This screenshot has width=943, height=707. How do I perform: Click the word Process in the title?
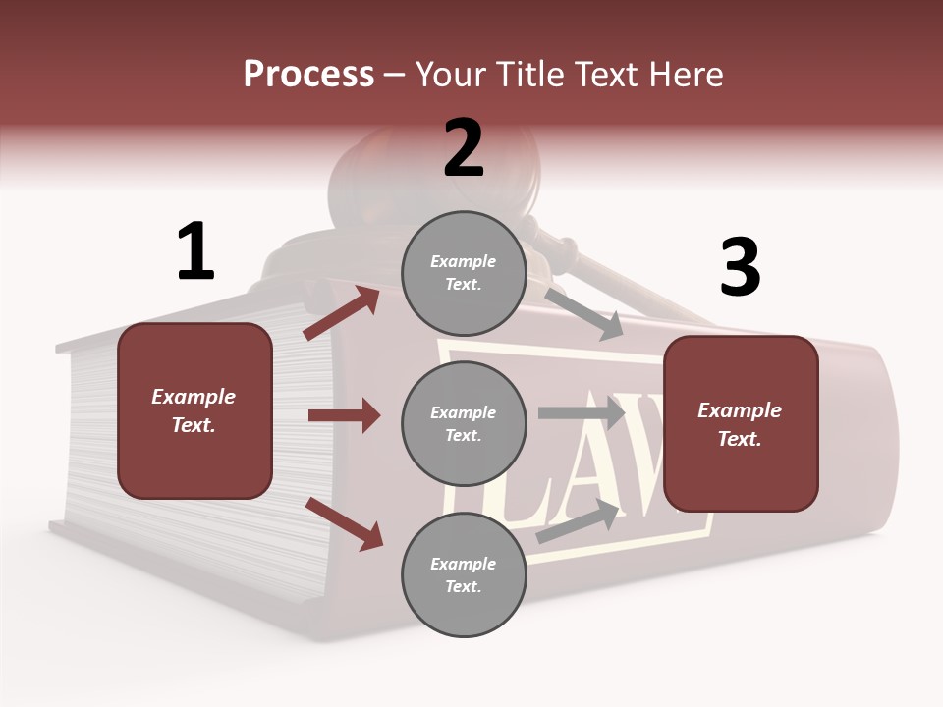tap(308, 74)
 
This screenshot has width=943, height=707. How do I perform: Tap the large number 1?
tap(195, 251)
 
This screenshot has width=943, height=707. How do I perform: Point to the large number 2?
tap(464, 148)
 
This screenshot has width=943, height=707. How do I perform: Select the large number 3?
tap(740, 267)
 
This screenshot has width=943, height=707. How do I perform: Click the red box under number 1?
tap(194, 410)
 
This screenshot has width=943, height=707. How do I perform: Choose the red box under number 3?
tap(741, 424)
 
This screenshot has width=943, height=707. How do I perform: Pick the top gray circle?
tap(464, 273)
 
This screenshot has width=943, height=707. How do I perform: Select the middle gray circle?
tap(464, 424)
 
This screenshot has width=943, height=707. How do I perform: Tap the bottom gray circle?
tap(464, 575)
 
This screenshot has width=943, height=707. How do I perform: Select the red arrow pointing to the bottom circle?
tap(344, 523)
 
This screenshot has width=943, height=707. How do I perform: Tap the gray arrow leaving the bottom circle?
tap(579, 521)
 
